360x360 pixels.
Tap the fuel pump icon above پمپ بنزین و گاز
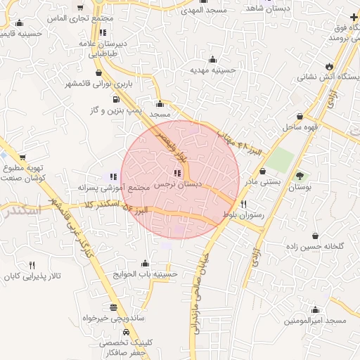click(x=115, y=98)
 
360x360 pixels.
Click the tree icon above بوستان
click(x=301, y=176)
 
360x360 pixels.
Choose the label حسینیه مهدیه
click(x=212, y=70)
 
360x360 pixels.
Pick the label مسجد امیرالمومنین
click(x=316, y=321)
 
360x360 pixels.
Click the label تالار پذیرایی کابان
click(x=32, y=276)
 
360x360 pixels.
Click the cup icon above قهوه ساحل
click(x=301, y=117)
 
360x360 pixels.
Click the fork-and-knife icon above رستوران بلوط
click(x=243, y=204)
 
